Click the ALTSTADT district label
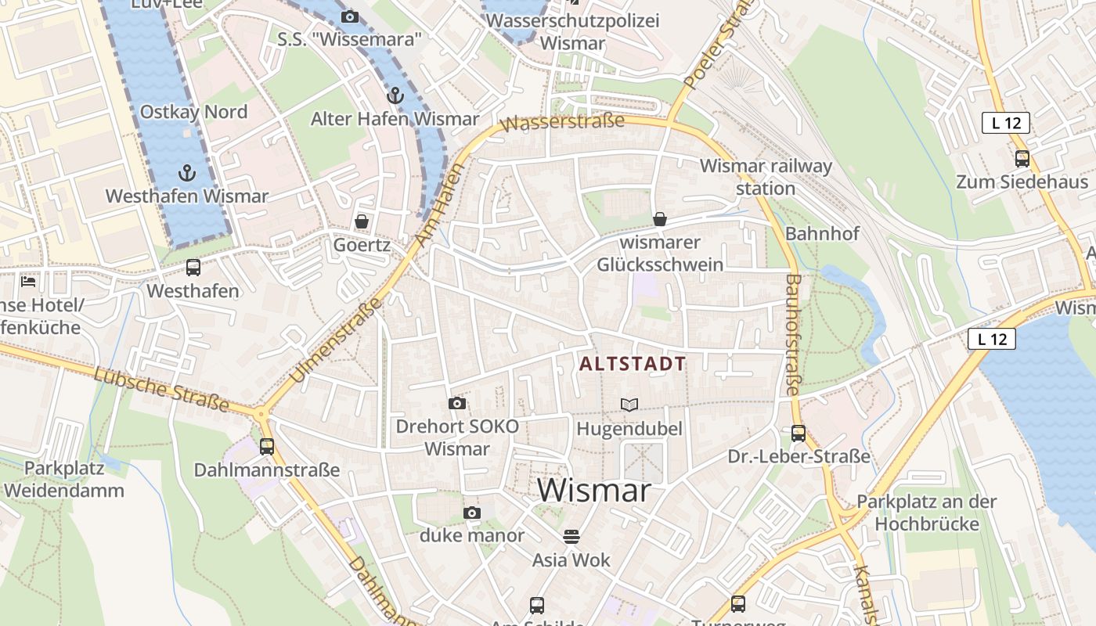pos(633,364)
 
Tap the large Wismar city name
pos(594,491)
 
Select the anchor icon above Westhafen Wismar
pos(186,172)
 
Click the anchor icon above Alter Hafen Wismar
pos(395,95)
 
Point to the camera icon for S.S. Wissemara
pos(350,16)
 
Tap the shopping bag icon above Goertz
pos(362,221)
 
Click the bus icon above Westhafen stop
pos(193,268)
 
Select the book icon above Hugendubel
pos(629,405)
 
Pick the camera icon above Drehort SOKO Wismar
pos(457,403)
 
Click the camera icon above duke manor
pos(472,513)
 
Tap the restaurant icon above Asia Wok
pos(572,536)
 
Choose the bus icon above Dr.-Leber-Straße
pos(799,433)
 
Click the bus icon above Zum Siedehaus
pos(1022,159)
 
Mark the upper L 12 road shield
pos(1005,123)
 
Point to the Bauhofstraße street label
pos(792,334)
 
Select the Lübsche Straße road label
pos(161,389)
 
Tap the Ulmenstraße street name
pos(335,341)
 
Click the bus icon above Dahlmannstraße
pos(267,446)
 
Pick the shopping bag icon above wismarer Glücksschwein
pos(660,219)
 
